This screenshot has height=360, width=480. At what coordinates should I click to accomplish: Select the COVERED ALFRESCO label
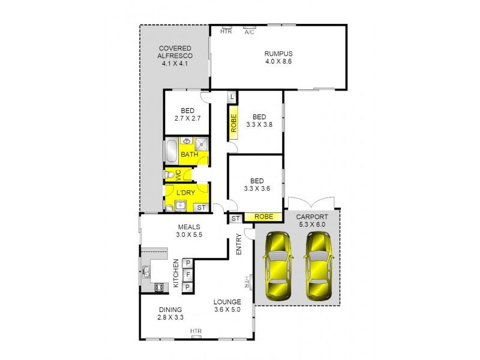click(x=175, y=55)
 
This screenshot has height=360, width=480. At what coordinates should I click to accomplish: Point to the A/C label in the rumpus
click(x=250, y=32)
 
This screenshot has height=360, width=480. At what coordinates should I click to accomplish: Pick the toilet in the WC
click(x=171, y=175)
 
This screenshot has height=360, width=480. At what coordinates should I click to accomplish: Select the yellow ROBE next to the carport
click(x=265, y=217)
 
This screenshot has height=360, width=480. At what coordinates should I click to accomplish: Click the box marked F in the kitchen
click(x=187, y=275)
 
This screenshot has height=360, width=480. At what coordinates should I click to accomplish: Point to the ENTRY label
click(x=239, y=244)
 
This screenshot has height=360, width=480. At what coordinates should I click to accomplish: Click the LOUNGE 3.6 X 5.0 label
click(x=227, y=306)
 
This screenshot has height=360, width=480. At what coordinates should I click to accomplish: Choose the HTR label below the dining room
click(x=196, y=331)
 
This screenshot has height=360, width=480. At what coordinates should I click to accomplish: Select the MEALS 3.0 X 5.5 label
click(x=190, y=230)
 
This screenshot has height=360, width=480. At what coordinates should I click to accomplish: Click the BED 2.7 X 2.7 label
click(x=187, y=114)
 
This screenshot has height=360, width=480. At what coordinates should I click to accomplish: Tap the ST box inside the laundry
click(x=201, y=208)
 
